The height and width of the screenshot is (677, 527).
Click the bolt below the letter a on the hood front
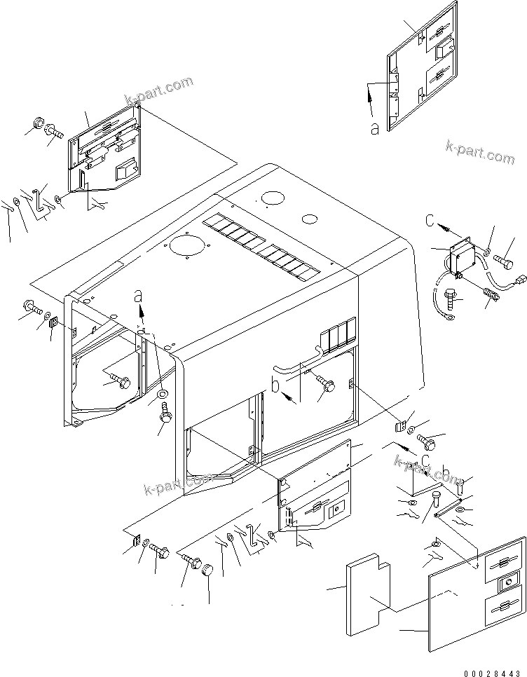pos(165,416)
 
